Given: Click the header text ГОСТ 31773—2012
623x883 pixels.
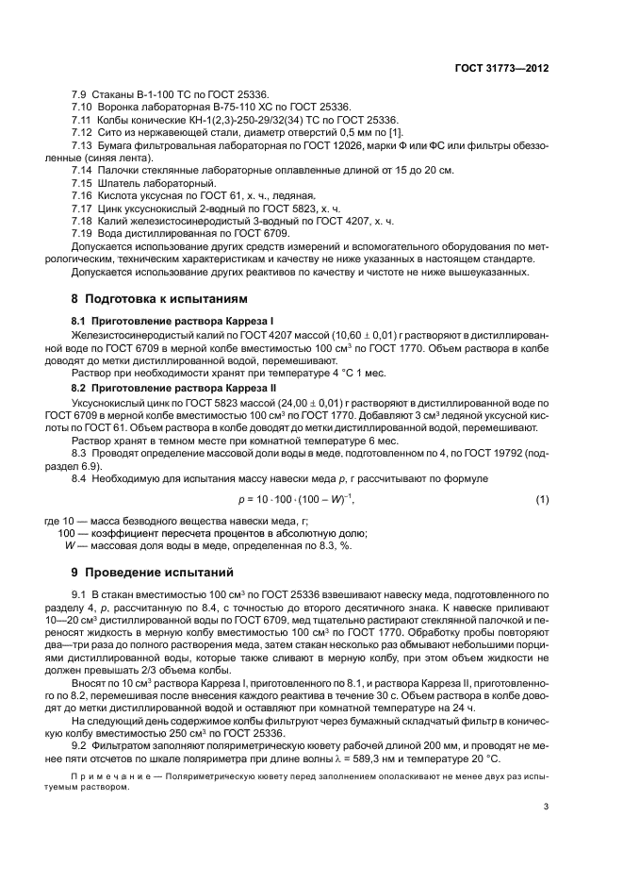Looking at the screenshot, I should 501,69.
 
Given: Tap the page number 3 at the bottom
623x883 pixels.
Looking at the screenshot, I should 547,806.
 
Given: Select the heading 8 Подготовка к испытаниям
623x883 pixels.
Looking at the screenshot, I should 160,297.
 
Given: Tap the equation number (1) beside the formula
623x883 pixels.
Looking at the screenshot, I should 542,498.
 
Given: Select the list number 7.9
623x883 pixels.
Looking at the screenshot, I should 80,95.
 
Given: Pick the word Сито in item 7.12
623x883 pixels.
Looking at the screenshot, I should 106,132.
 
